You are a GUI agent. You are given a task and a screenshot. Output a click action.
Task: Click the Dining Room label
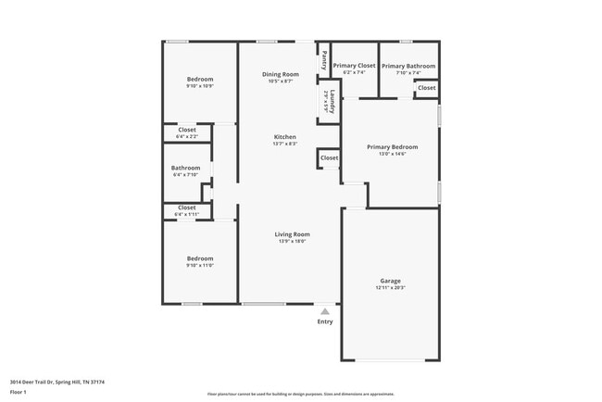(x=280, y=74)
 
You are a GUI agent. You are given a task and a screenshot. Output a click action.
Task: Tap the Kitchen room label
(x=284, y=137)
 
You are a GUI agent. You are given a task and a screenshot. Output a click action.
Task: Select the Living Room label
(x=292, y=234)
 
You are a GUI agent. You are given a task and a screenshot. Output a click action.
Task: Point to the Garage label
(x=390, y=281)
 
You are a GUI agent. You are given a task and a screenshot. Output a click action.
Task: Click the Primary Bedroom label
(x=392, y=146)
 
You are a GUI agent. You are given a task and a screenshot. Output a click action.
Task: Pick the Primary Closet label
(x=354, y=66)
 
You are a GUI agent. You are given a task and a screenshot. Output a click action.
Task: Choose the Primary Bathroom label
(x=408, y=66)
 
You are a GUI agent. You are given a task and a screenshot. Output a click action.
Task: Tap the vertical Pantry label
(x=324, y=60)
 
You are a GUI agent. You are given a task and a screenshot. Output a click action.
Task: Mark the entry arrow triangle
(x=325, y=312)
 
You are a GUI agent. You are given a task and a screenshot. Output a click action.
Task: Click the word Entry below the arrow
(x=325, y=322)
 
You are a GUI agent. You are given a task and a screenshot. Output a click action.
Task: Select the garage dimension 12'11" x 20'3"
(x=390, y=288)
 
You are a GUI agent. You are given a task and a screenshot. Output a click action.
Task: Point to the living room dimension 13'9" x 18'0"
(x=292, y=242)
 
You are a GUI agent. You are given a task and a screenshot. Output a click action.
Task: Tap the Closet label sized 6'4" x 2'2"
(x=187, y=130)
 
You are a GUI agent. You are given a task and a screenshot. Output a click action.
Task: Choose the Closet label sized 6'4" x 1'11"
(x=187, y=207)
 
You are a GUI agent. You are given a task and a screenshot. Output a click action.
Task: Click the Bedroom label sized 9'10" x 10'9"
(x=200, y=79)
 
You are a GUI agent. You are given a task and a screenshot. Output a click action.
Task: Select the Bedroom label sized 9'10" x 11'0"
(x=200, y=258)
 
